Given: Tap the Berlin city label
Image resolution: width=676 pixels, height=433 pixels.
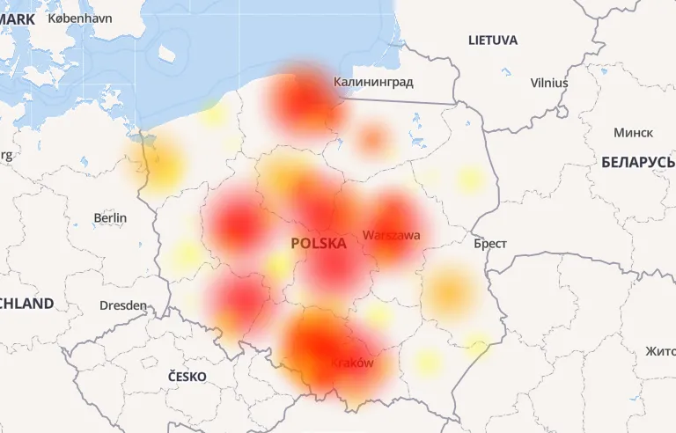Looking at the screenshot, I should pos(110,217).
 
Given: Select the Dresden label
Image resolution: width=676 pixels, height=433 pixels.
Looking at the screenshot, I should pos(123,305).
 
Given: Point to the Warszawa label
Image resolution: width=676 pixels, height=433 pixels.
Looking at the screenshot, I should pos(391,236).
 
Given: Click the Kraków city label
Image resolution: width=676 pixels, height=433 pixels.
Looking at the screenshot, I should pos(351,363).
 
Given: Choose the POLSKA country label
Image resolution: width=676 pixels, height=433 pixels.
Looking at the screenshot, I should pos(318,243).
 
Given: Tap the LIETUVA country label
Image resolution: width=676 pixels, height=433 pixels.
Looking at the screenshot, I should pos(493,40).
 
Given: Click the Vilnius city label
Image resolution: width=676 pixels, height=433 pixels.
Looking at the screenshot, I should pos(549,83).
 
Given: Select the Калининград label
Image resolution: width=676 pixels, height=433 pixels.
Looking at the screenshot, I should pos(373,82).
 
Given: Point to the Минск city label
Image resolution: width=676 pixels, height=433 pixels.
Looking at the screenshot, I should pos(633,132).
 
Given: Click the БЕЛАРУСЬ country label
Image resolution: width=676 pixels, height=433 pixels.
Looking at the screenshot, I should pos(638,162).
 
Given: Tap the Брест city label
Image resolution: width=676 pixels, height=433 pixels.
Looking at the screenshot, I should pos(489,243).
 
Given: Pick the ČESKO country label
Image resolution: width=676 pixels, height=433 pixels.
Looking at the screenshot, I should pos(187,376).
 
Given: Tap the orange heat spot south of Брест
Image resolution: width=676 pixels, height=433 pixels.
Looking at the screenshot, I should pos(450,291).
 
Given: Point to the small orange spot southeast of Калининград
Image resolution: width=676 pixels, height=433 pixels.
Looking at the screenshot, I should pos(373,137).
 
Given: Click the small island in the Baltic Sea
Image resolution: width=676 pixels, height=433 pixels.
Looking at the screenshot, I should pos(165,54).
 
